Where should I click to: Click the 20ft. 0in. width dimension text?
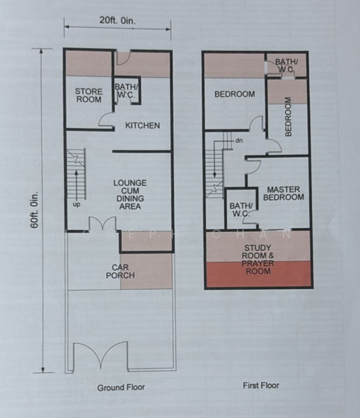118,20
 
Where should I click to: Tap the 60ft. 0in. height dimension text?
35,210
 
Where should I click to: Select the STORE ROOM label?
88,95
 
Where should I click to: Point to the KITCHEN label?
143,125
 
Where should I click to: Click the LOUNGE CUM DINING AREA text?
130,194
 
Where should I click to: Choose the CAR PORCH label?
120,272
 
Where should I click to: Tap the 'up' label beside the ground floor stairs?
76,205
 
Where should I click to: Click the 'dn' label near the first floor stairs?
239,140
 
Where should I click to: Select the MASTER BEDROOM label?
283,194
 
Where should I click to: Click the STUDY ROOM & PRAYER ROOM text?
258,259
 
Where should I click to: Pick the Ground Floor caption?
121,387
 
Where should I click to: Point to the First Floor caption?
261,385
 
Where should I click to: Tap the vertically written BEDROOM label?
288,117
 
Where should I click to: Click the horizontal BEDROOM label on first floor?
235,94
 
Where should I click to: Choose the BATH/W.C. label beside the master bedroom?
240,210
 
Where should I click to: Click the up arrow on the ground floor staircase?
77,184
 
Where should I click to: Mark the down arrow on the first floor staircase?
214,162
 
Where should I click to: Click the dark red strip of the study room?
258,274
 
